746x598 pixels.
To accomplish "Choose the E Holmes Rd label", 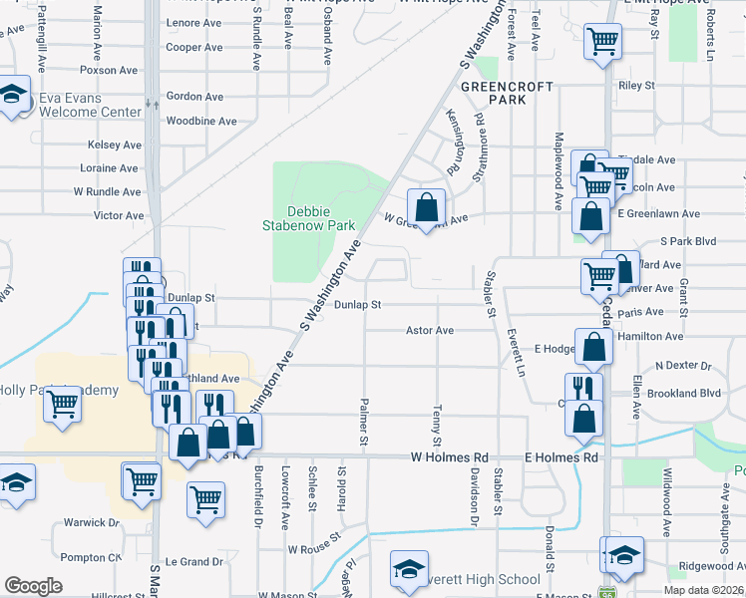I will point(560,456).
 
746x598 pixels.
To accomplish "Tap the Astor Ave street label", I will point(430,330).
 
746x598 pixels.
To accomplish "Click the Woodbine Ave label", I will point(201,121).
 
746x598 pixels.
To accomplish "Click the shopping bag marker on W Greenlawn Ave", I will point(426,208).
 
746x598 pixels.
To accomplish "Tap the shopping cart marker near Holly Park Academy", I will point(63,404).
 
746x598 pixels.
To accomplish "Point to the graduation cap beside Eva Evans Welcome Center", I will point(13,96).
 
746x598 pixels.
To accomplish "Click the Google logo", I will point(34,586).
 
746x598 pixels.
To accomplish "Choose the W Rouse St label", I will point(313,548).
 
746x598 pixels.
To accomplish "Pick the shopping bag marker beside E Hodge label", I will point(594,348).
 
